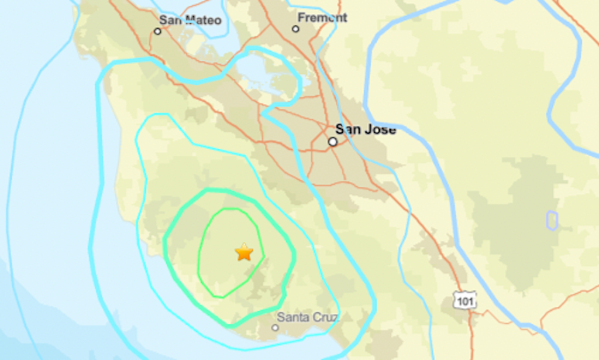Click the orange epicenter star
(x=244, y=252)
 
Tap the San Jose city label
(x=365, y=129)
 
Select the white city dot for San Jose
(x=333, y=142)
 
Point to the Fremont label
(x=322, y=18)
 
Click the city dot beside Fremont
(x=295, y=29)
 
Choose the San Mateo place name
(x=191, y=20)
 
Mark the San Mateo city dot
(x=157, y=31)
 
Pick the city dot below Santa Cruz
(x=275, y=328)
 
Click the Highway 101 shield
(x=465, y=300)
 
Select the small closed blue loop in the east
(x=552, y=220)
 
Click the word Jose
(x=380, y=129)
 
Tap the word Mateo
(x=202, y=20)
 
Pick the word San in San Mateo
(x=170, y=20)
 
